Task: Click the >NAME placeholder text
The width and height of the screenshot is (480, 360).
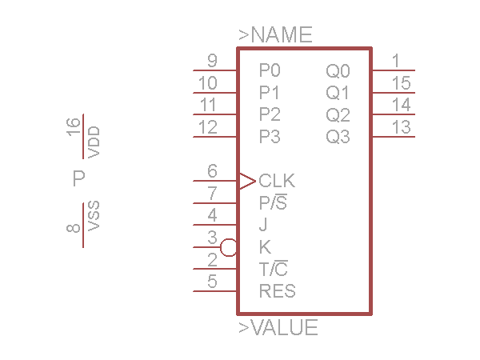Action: tap(275, 35)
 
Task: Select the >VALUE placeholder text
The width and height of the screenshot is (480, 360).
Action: tap(278, 327)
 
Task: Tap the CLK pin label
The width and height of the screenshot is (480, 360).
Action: tap(277, 181)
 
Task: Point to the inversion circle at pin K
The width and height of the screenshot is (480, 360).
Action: tap(229, 247)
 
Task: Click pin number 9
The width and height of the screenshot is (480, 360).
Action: tap(212, 61)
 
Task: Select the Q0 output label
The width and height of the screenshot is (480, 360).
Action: tap(338, 70)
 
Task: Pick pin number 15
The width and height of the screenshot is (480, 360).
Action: tap(402, 83)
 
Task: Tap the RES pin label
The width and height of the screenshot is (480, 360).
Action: tap(278, 291)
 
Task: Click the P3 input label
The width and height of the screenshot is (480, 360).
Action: tap(270, 137)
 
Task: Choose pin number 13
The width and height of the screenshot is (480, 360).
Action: tap(402, 126)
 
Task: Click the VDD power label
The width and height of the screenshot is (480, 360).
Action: tap(94, 142)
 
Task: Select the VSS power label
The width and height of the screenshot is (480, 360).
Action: tap(94, 217)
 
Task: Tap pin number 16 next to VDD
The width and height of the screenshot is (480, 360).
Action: tap(74, 126)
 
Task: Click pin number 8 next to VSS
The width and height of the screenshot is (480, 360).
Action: tap(74, 229)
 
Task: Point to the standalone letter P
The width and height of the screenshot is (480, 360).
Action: tap(78, 178)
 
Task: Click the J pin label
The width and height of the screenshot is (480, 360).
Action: tap(263, 225)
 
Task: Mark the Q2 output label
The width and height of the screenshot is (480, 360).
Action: tap(338, 114)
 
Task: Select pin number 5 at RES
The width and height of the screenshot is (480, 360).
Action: tap(212, 282)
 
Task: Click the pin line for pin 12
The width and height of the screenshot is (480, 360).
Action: tap(215, 137)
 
